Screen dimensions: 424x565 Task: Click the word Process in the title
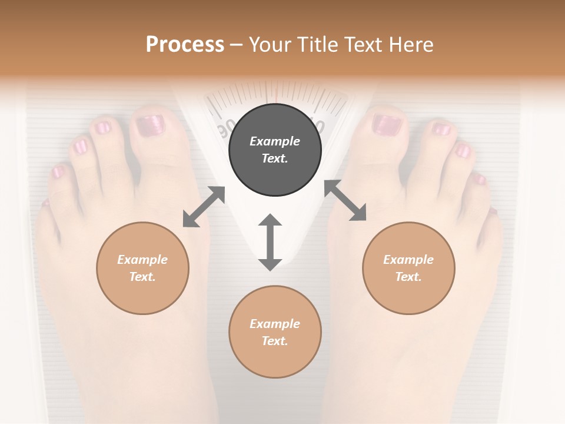[185, 45]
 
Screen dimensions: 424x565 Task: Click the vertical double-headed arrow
[270, 242]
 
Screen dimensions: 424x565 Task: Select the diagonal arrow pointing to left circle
[204, 207]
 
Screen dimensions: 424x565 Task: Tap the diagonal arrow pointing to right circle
[345, 200]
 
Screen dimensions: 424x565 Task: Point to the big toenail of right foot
[387, 124]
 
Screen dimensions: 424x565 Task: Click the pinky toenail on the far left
[58, 172]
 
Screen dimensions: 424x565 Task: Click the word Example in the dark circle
[275, 141]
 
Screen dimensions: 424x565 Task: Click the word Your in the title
[268, 45]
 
